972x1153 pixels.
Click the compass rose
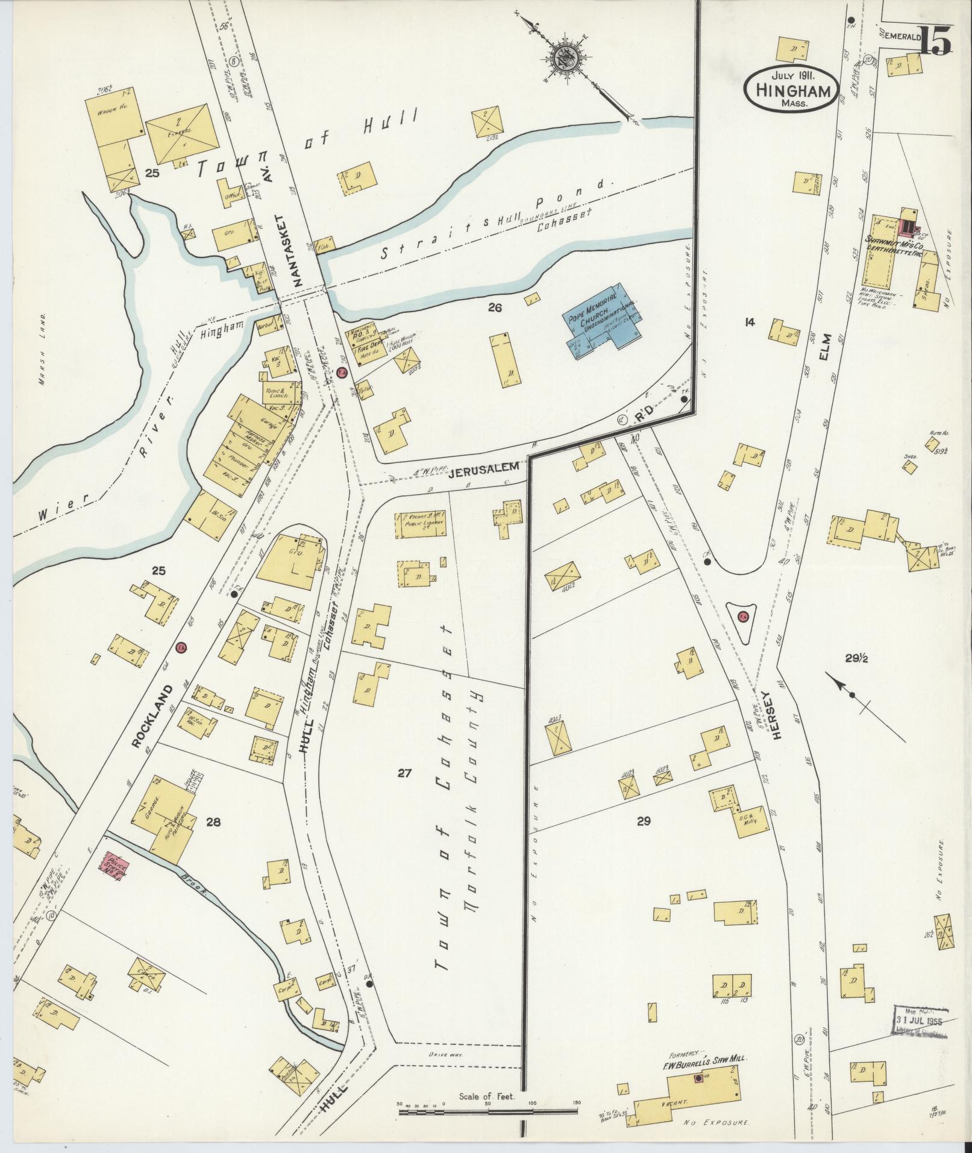(x=568, y=58)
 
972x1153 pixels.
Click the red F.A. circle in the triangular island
(x=742, y=616)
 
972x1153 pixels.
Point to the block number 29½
(x=855, y=659)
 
